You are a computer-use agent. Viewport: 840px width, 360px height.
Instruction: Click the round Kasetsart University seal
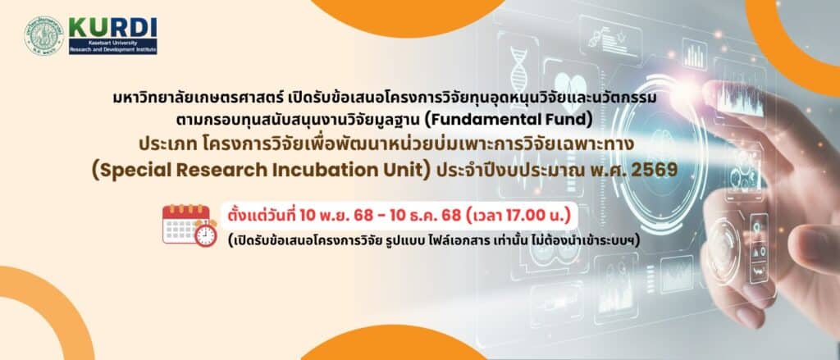(x=44, y=35)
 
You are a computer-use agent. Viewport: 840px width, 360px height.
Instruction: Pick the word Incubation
(x=322, y=169)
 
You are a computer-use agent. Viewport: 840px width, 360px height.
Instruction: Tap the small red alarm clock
(x=206, y=234)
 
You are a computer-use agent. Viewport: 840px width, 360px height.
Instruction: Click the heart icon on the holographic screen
(x=569, y=86)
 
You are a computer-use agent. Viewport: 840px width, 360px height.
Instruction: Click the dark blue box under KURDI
(x=113, y=46)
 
